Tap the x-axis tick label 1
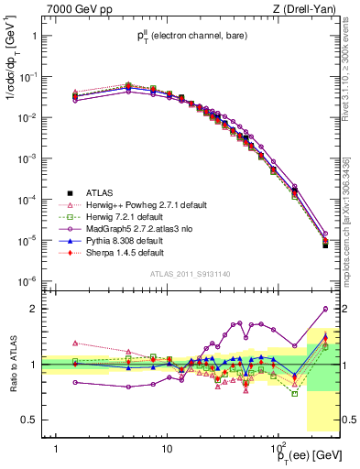pyautogui.click(x=57, y=449)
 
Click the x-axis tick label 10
pyautogui.click(x=167, y=449)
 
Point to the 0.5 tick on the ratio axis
pyautogui.click(x=30, y=420)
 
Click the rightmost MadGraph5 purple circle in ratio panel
pyautogui.click(x=325, y=309)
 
